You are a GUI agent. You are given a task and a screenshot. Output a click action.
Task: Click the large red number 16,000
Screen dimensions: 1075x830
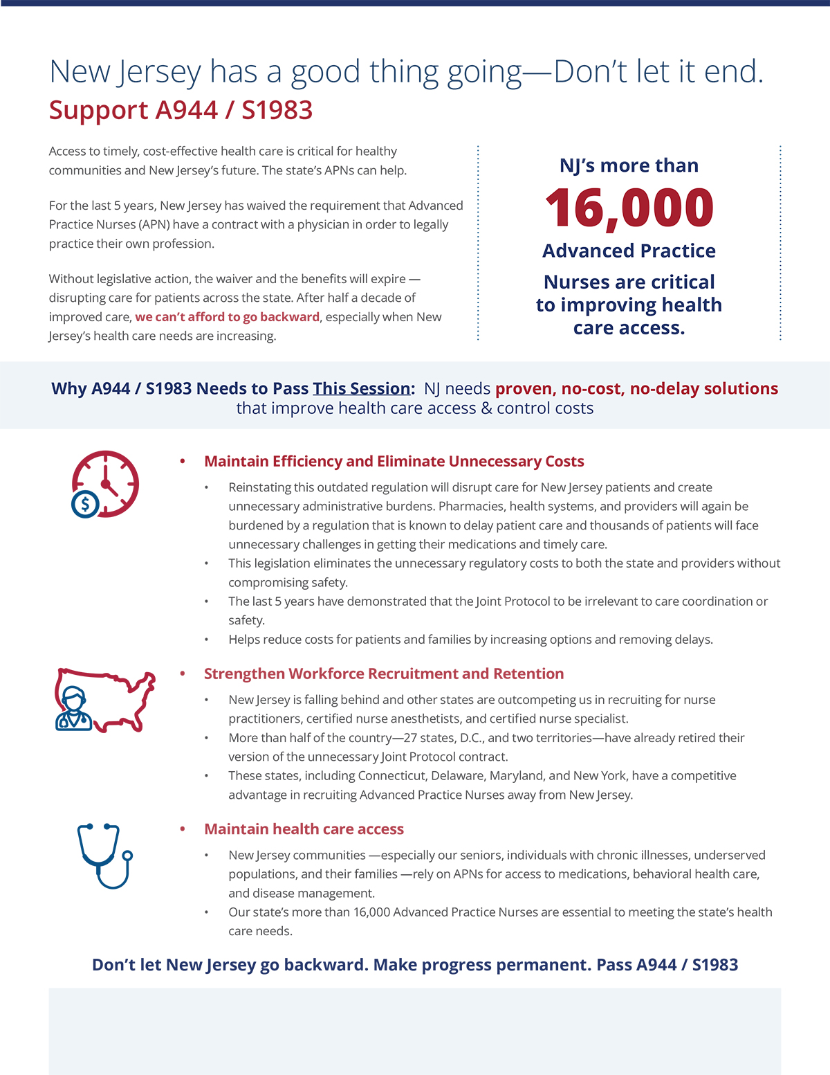(629, 208)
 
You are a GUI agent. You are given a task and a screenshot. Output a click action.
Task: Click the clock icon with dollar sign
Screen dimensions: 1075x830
(105, 484)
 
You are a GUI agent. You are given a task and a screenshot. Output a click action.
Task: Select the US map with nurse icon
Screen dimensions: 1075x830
(104, 701)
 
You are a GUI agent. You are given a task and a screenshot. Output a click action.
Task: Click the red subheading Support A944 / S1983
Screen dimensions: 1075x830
(181, 110)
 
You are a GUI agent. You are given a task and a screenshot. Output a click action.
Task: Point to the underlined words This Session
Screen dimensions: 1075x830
(361, 388)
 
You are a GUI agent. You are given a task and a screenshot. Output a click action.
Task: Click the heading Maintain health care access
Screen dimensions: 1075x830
(304, 829)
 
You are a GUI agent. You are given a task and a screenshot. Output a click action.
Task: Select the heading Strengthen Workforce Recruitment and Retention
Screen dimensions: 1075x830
(384, 674)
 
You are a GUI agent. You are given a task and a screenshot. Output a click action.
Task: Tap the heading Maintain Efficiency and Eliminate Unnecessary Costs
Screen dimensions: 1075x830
(394, 462)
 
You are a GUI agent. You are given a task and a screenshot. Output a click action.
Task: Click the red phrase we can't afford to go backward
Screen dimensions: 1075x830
(227, 317)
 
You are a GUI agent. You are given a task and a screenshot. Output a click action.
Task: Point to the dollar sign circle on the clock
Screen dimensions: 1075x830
(86, 504)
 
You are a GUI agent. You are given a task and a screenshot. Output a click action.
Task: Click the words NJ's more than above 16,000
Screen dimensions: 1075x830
(629, 165)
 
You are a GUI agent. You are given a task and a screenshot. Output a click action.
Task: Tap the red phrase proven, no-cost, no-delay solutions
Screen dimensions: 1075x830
(636, 388)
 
